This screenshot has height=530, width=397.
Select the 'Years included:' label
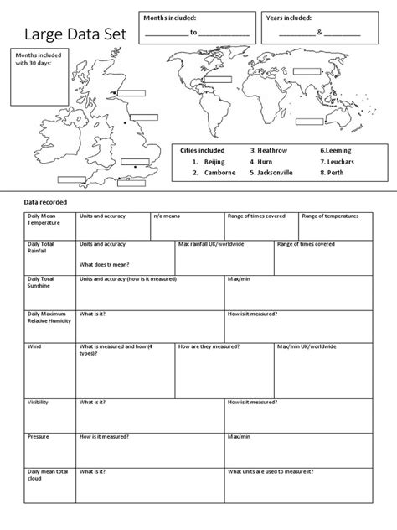[289, 18]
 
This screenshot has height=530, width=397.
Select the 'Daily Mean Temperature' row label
[44, 220]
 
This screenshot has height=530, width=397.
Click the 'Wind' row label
[35, 346]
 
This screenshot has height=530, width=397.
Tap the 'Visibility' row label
[39, 402]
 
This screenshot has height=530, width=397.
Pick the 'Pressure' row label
[39, 436]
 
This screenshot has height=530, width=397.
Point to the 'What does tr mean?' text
[110, 263]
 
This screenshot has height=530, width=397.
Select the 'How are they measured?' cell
[209, 346]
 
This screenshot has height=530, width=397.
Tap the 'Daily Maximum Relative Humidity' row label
[48, 318]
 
